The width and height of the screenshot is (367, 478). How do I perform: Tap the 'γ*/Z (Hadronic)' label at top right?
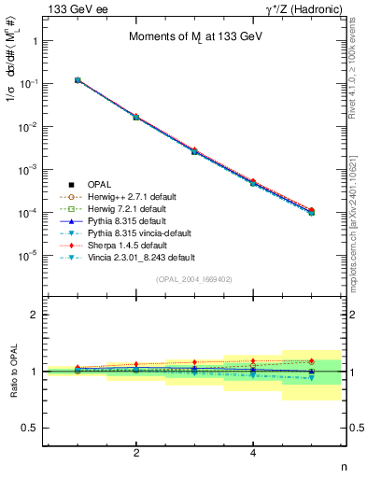click(298, 8)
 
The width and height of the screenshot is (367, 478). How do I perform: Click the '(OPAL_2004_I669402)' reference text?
click(194, 278)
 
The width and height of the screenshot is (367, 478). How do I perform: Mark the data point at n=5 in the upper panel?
click(311, 212)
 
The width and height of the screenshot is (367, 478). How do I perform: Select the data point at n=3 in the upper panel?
click(194, 150)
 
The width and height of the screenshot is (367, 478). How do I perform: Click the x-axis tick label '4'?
click(253, 452)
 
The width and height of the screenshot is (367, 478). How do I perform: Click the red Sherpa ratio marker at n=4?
click(253, 360)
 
